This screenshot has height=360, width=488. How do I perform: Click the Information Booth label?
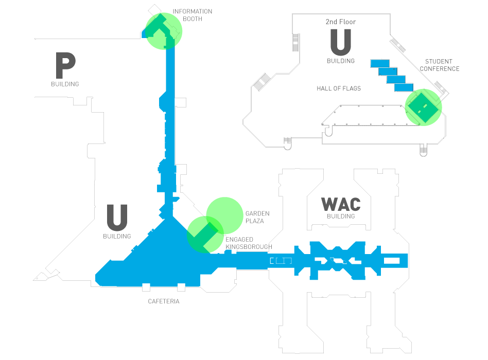192,15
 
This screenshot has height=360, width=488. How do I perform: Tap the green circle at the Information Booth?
164,31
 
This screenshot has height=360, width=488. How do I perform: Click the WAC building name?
341,204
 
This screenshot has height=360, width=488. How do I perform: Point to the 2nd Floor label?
341,22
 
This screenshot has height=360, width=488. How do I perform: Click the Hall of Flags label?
339,88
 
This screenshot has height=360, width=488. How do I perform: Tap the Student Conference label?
439,65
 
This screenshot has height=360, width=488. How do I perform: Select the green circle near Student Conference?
423,107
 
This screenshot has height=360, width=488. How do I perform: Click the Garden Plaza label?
257,217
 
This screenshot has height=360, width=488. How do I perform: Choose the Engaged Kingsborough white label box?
247,243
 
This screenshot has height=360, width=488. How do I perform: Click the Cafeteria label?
164,301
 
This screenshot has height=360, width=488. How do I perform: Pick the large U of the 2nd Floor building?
341,42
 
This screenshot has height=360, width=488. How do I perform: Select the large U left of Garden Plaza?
117,218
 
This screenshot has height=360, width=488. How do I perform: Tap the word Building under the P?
65,84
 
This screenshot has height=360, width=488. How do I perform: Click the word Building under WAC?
341,217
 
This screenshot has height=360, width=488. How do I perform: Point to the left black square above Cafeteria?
146,286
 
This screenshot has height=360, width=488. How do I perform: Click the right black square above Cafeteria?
181,286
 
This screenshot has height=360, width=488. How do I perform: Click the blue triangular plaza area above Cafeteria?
154,260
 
